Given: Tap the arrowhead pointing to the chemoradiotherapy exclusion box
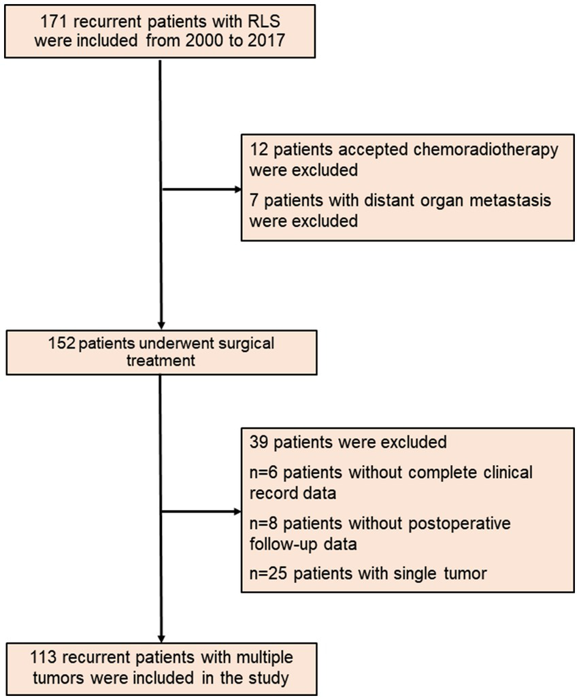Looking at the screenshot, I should [x=235, y=188].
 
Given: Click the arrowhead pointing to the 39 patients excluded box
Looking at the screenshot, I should [x=235, y=509].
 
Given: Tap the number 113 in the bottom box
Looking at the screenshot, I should [x=44, y=658].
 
